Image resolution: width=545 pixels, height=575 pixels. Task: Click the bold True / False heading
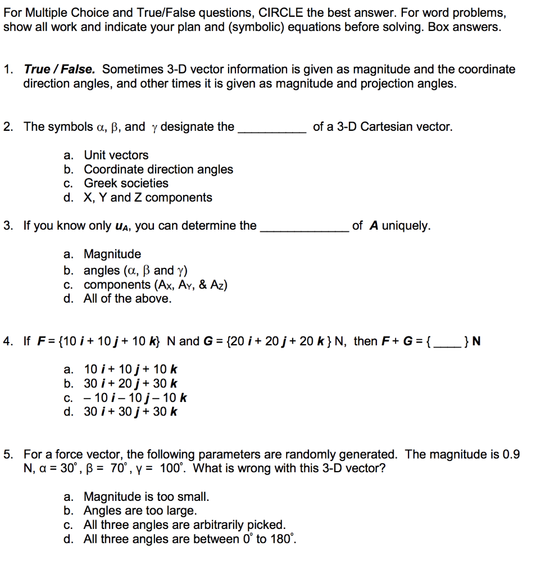pyautogui.click(x=59, y=70)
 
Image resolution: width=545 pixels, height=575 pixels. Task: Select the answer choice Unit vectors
pyautogui.click(x=116, y=155)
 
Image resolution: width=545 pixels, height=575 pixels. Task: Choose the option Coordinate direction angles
pyautogui.click(x=158, y=169)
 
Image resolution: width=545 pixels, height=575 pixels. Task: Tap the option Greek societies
pyautogui.click(x=126, y=183)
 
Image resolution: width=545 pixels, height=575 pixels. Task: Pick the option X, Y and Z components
pyautogui.click(x=148, y=198)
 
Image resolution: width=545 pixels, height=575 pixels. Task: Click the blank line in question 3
pyautogui.click(x=304, y=229)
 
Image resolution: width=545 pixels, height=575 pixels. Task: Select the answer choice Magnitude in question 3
pyautogui.click(x=112, y=254)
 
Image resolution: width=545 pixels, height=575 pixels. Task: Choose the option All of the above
pyautogui.click(x=128, y=298)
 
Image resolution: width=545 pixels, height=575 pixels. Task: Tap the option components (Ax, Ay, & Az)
pyautogui.click(x=155, y=285)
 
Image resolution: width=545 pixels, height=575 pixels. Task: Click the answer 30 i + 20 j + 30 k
pyautogui.click(x=130, y=384)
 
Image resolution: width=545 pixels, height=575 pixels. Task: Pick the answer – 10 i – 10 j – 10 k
pyautogui.click(x=135, y=398)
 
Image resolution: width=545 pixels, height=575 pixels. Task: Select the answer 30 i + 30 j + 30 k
pyautogui.click(x=130, y=412)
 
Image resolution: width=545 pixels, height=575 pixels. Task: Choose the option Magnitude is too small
pyautogui.click(x=146, y=497)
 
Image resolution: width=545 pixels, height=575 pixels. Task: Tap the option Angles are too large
pyautogui.click(x=140, y=511)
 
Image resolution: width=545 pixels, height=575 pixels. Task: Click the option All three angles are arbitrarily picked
pyautogui.click(x=184, y=526)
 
